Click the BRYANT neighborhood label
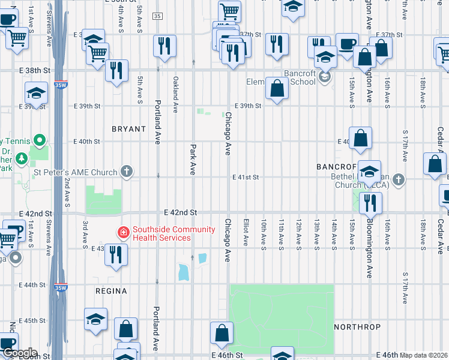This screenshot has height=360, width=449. click(x=128, y=129)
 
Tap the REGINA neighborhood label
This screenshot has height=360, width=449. click(x=111, y=291)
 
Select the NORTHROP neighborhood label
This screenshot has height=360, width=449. click(x=357, y=327)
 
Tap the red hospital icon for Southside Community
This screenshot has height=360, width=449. click(x=123, y=232)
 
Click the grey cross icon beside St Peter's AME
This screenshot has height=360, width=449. click(x=126, y=172)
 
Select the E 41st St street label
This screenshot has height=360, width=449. click(x=246, y=177)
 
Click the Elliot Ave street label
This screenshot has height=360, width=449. click(x=246, y=232)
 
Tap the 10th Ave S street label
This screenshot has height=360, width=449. click(x=264, y=232)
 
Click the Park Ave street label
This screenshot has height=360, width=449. click(x=193, y=157)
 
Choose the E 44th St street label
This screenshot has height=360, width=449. click(x=31, y=285)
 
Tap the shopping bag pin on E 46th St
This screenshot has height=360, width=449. click(x=221, y=334)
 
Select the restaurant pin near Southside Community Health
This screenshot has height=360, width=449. click(x=116, y=254)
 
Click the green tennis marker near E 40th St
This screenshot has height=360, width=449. click(x=40, y=141)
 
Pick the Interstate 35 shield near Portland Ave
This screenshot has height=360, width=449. click(x=157, y=16)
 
